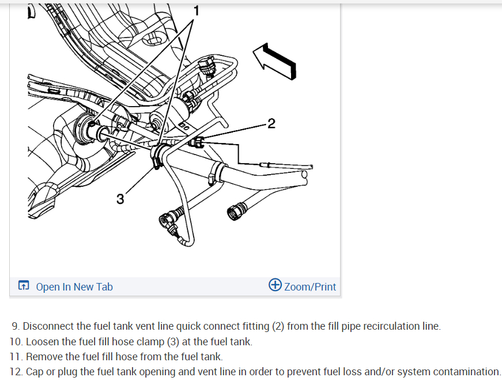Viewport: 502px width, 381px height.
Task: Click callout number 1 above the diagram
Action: point(196,10)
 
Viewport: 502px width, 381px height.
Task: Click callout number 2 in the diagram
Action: point(271,123)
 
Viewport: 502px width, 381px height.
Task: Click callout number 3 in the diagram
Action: point(120,199)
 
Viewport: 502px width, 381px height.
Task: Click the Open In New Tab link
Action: point(74,286)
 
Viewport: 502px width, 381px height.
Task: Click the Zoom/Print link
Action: point(310,286)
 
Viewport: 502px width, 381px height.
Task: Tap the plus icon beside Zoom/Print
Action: point(275,285)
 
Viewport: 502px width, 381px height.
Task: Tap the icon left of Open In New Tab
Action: point(23,286)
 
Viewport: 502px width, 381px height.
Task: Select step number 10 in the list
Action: point(16,342)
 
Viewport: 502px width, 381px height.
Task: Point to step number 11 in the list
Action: point(16,357)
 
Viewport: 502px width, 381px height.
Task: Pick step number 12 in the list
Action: point(16,372)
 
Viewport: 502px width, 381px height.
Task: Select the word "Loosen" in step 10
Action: point(42,342)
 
